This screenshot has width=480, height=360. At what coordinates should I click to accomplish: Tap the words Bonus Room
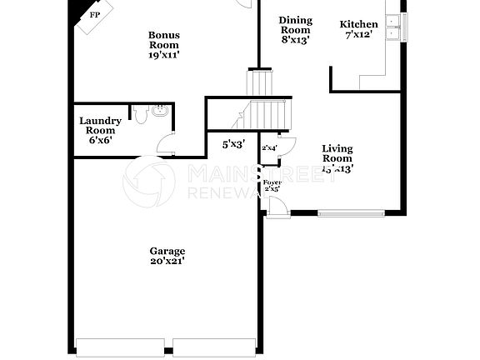(164, 39)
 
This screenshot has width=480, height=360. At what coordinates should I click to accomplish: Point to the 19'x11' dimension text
(164, 54)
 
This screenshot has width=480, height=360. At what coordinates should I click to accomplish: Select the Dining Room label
(295, 25)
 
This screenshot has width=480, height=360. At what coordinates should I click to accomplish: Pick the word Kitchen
(359, 24)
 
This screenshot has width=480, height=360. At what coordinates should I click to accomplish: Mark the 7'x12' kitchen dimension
(359, 35)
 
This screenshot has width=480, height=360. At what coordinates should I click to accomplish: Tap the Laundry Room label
(100, 126)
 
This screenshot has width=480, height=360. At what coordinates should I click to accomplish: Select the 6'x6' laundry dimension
(100, 140)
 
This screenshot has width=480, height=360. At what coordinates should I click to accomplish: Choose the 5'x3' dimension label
(232, 144)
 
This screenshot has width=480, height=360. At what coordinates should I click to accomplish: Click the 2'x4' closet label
(269, 147)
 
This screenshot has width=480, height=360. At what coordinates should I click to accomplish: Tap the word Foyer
(272, 182)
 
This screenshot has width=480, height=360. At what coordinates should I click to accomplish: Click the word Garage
(167, 251)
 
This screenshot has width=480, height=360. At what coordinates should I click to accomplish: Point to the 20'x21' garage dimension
(167, 262)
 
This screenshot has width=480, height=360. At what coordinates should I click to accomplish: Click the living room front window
(351, 212)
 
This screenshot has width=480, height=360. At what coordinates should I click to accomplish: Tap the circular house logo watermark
(148, 181)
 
